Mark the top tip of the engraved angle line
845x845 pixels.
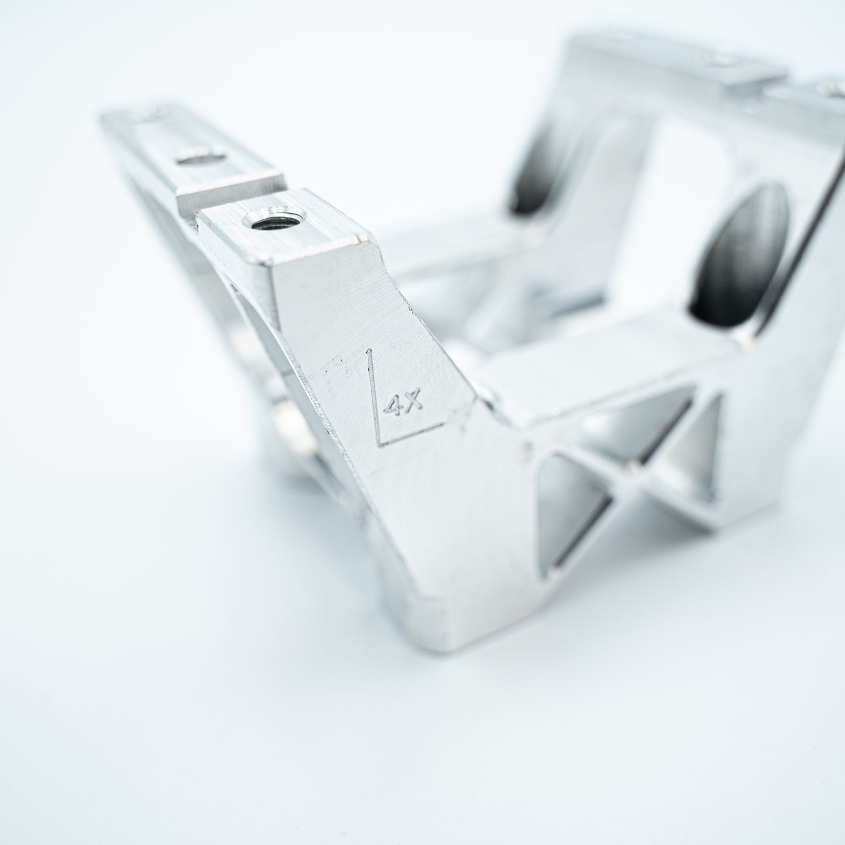370,350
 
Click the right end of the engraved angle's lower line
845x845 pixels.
443,423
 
